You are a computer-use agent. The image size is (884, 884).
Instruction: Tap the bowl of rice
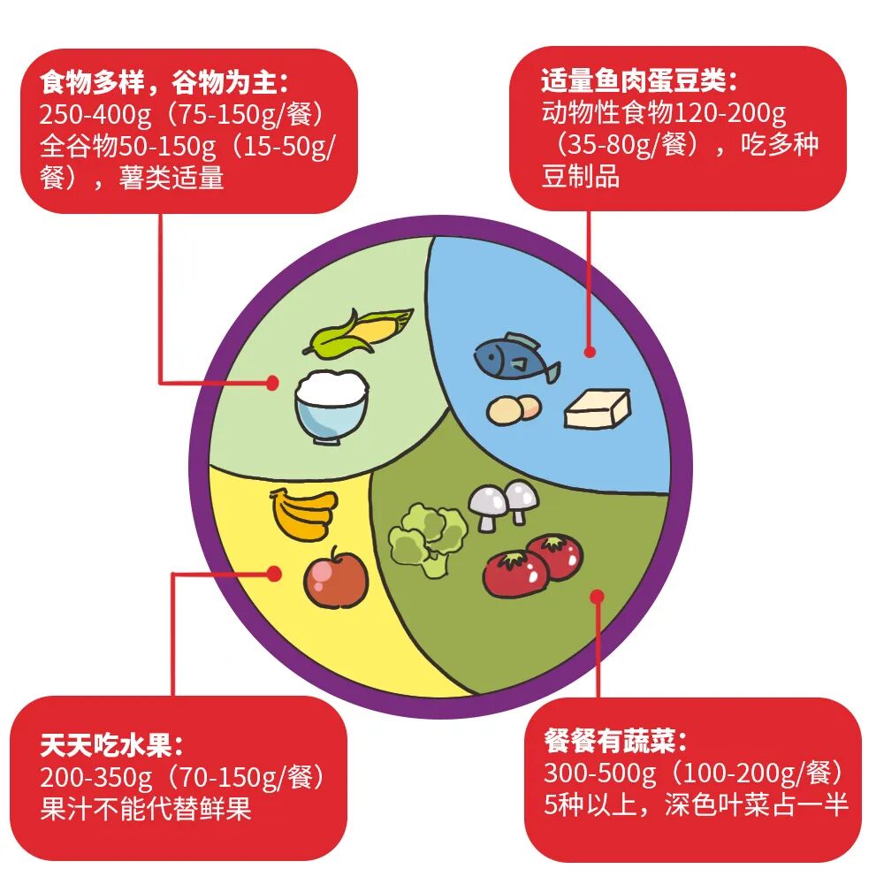(331, 405)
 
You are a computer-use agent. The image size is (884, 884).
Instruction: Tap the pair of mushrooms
(503, 505)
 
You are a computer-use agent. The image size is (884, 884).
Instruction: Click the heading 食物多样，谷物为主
(164, 83)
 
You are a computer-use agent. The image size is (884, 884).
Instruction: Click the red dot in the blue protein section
(590, 351)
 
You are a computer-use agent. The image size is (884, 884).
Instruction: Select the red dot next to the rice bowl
(273, 383)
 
